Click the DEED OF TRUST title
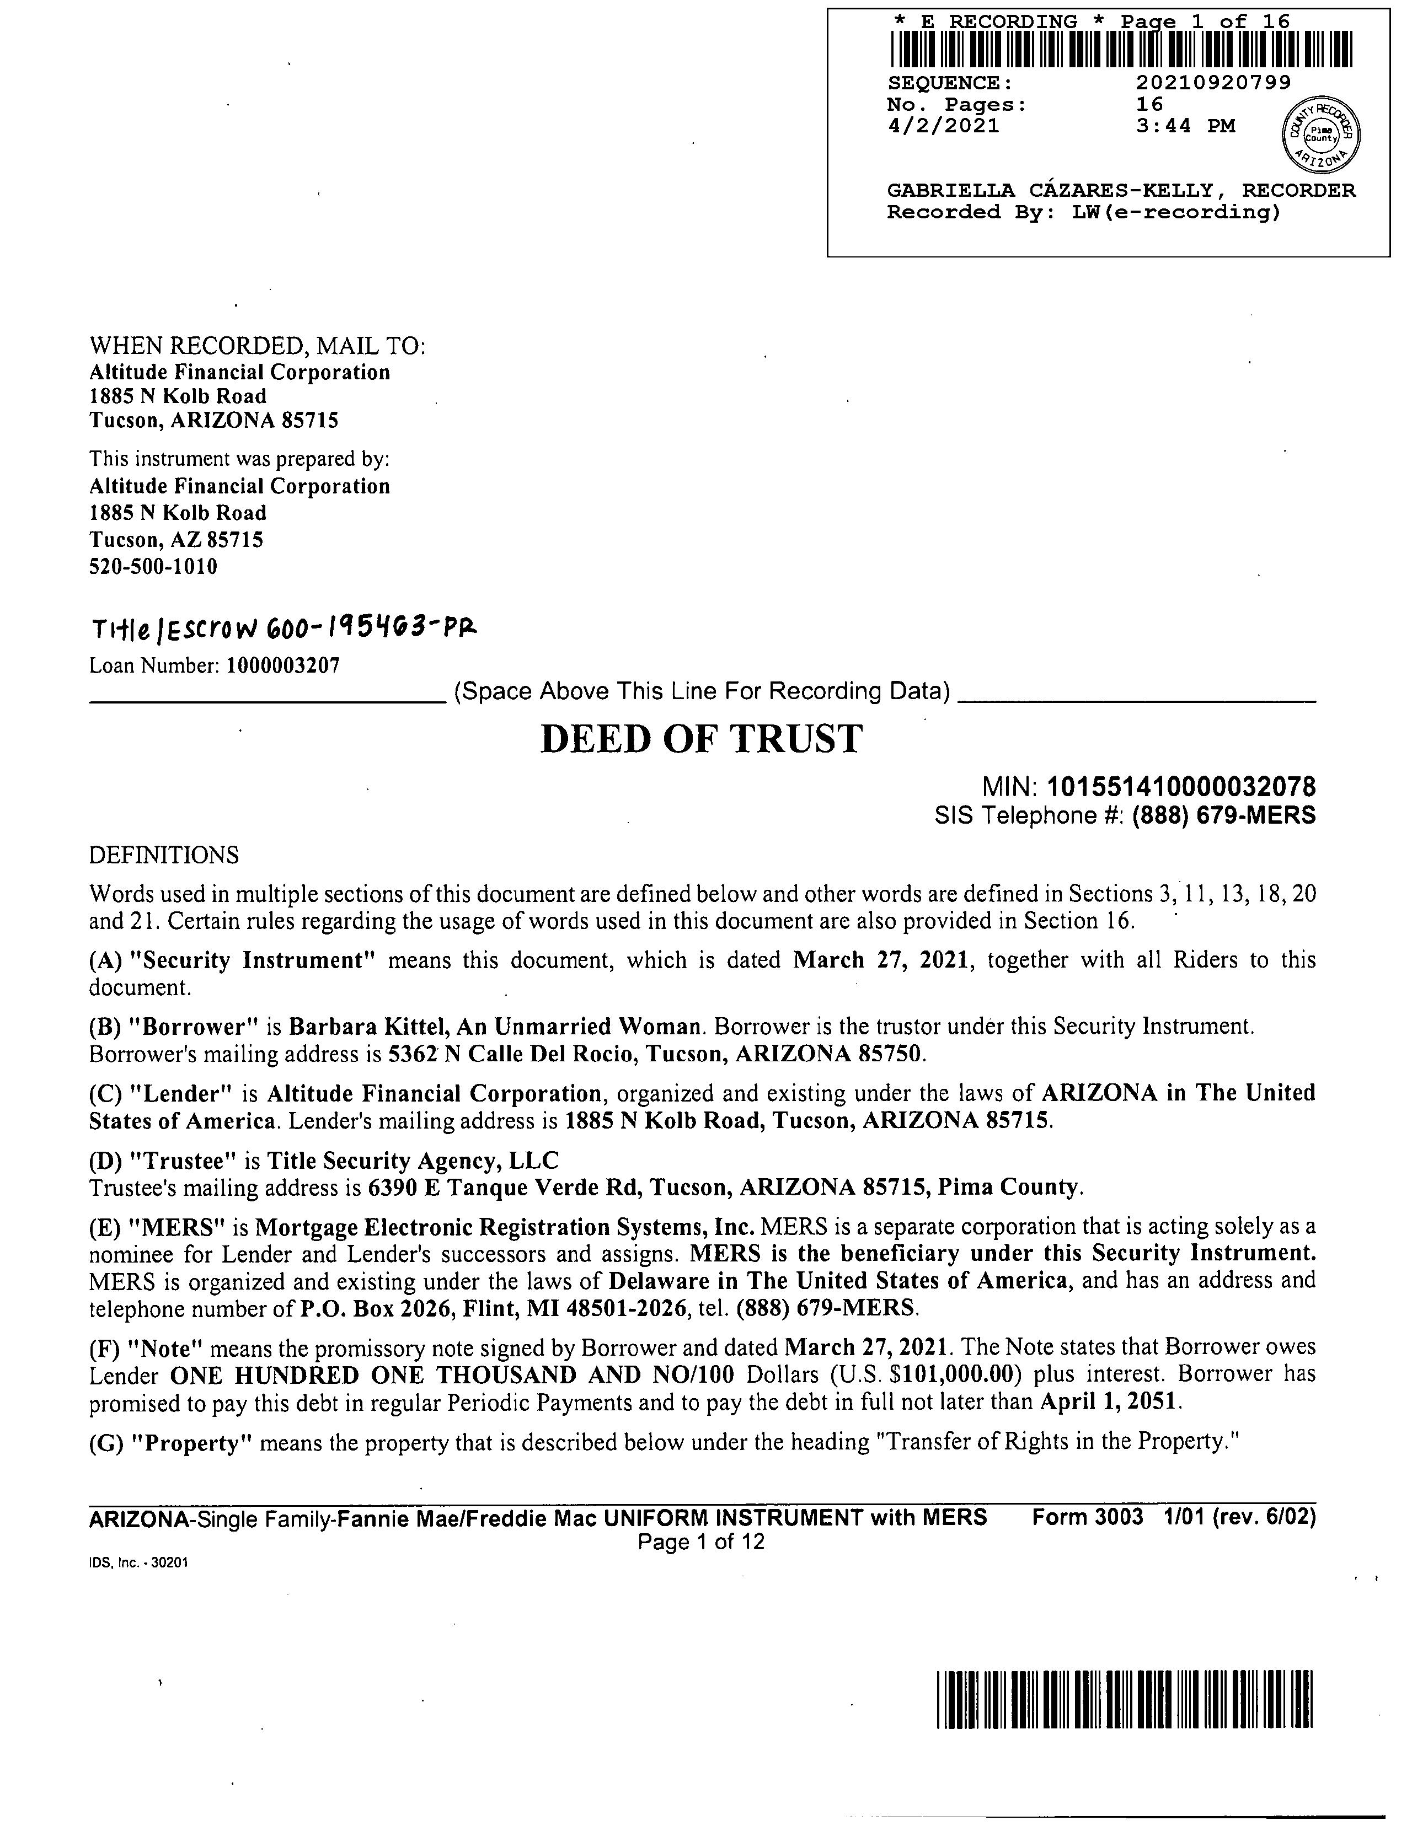click(x=701, y=740)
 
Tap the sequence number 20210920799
click(x=1213, y=83)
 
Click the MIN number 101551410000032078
click(x=1181, y=787)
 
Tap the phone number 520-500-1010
click(x=153, y=567)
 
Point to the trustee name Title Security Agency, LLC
click(x=413, y=1161)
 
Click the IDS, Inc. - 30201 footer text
click(x=138, y=1562)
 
